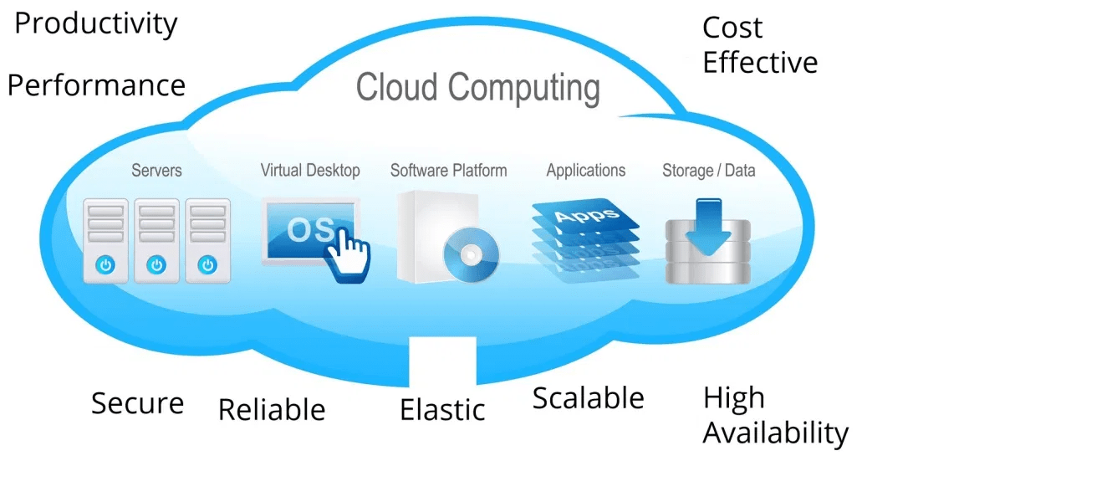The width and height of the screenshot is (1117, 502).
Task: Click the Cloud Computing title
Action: [x=477, y=88]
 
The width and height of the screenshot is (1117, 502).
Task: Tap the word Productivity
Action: [x=96, y=24]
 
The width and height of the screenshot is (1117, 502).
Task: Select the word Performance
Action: [x=96, y=85]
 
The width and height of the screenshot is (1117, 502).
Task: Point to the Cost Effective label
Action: [x=759, y=45]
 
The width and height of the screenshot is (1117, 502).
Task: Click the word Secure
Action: [x=137, y=403]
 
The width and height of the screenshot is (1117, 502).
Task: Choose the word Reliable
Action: [x=272, y=410]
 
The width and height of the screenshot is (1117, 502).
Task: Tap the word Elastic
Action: [x=442, y=410]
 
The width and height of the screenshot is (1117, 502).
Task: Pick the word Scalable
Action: [x=588, y=398]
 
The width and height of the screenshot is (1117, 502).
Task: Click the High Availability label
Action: [x=775, y=415]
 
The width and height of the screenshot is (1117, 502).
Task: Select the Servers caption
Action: [x=156, y=171]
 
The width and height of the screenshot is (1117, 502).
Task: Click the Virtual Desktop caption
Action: [x=310, y=171]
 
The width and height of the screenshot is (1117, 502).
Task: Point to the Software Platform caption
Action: [x=448, y=171]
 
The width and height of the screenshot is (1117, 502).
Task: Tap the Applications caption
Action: [x=585, y=171]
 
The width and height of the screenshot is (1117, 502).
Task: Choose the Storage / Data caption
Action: [x=708, y=171]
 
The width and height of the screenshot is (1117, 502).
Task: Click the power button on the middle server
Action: [x=156, y=265]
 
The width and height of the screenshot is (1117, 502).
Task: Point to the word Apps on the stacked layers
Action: [x=586, y=213]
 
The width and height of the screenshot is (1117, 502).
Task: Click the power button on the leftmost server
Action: [x=105, y=265]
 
